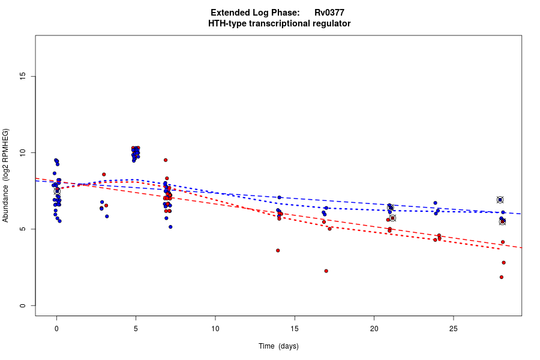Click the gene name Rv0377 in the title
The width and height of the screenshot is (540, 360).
click(329, 13)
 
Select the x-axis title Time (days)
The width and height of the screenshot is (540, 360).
click(278, 346)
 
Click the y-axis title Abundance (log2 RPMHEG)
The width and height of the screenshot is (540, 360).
click(6, 175)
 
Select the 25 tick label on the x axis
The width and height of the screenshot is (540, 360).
click(453, 328)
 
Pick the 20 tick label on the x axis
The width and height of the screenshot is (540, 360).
click(374, 328)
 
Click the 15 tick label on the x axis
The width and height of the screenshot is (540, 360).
click(295, 328)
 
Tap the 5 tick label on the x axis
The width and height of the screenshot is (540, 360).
click(136, 328)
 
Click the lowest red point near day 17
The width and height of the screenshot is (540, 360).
click(326, 271)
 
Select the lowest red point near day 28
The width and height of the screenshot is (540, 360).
click(501, 277)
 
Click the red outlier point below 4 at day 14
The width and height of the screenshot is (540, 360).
click(278, 250)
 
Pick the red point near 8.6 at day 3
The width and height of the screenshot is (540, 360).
click(104, 175)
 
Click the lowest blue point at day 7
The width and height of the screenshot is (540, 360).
click(170, 227)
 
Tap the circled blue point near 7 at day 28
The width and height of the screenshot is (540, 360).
click(500, 200)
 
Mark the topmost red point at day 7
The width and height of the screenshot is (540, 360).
click(165, 160)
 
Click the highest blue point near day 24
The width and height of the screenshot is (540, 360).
click(435, 203)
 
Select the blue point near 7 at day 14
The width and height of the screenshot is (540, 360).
click(280, 197)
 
